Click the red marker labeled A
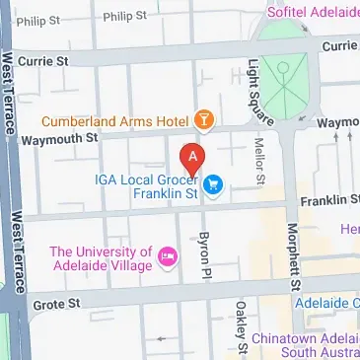[x=192, y=158]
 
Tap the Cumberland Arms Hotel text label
[x=115, y=122]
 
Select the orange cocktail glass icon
[x=204, y=120]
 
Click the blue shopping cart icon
[x=212, y=182]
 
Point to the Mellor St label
[x=260, y=162]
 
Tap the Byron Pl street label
[x=205, y=251]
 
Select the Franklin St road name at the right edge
[x=331, y=200]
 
